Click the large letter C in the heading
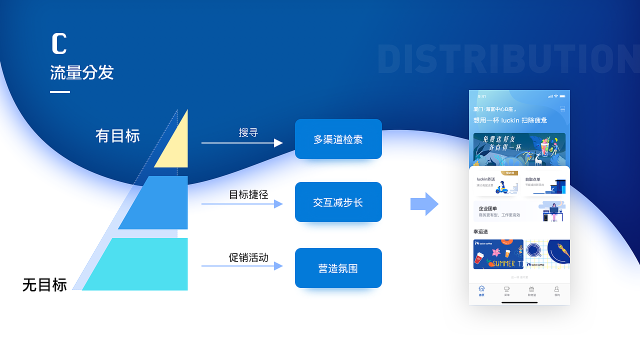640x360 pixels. [x=59, y=43]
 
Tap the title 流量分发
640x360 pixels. [x=82, y=73]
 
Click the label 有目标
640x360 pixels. [x=117, y=136]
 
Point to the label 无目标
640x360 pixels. [x=44, y=285]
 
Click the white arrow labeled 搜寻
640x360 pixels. [x=242, y=143]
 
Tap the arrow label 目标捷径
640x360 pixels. [x=248, y=194]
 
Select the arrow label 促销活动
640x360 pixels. [x=248, y=257]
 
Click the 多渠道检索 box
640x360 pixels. [x=338, y=139]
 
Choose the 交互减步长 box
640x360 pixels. [x=338, y=202]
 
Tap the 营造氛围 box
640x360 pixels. [x=338, y=268]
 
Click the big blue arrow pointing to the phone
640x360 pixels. [x=424, y=204]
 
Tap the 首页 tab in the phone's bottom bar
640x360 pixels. [x=481, y=291]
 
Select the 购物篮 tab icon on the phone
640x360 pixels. [x=531, y=291]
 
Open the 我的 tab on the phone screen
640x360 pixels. [x=557, y=291]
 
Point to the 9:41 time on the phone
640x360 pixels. [x=482, y=96]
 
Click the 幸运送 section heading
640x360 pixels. [x=480, y=232]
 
